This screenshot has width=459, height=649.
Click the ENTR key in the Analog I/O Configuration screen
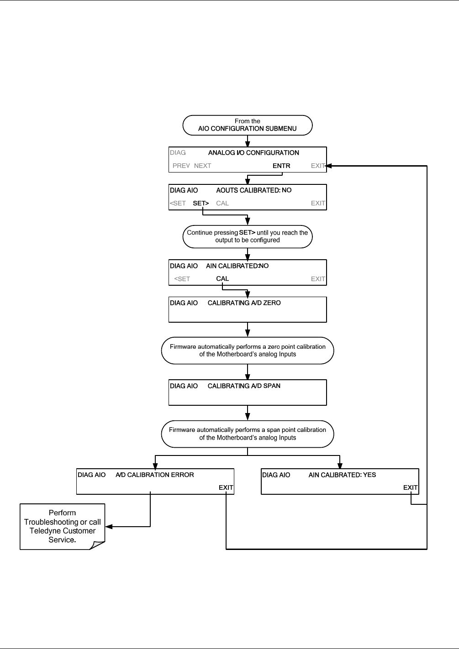coord(281,166)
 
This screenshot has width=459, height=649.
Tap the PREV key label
coord(181,166)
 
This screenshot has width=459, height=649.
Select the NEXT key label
coord(202,166)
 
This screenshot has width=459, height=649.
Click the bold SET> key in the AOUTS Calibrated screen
coord(200,203)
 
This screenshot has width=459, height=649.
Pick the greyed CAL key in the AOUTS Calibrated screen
coord(222,203)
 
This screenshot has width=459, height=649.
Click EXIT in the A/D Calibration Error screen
coord(226,487)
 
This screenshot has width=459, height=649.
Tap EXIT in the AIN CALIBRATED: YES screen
coord(411,487)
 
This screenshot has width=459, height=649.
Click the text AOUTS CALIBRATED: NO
coord(254,190)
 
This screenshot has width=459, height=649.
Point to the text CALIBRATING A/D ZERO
coord(244,303)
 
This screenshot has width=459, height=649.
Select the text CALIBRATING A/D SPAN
coord(244,386)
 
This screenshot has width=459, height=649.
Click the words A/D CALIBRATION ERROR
coord(154,475)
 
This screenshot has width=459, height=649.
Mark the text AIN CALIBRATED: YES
coord(342,475)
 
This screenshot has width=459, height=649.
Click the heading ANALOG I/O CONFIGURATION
coord(253,153)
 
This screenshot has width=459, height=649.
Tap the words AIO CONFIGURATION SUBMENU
coord(248,128)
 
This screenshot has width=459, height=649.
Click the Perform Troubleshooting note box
coord(62,526)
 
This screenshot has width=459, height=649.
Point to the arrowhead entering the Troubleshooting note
coord(108,526)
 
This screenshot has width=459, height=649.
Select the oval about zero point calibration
coord(248,350)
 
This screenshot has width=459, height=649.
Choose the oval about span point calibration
coord(248,434)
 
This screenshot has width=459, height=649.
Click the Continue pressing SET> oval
coord(248,236)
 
